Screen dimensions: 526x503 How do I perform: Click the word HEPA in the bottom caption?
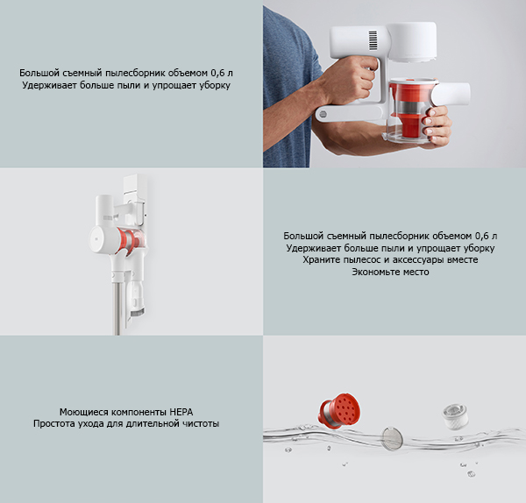tap(181, 412)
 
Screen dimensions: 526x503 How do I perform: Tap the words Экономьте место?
tap(390, 272)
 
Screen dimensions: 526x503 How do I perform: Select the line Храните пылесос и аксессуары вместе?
tap(390, 260)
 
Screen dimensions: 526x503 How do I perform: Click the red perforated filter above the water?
tap(339, 411)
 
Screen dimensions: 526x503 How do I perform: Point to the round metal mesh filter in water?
tap(392, 438)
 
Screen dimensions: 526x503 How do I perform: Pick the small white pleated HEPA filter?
tap(454, 416)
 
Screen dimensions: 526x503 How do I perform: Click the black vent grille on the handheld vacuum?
tap(373, 40)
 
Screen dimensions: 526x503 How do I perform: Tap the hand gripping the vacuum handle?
tap(349, 80)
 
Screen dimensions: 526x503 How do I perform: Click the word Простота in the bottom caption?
tap(54, 424)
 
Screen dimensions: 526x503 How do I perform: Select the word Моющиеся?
tap(84, 412)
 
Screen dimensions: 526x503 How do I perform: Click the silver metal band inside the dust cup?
tap(411, 108)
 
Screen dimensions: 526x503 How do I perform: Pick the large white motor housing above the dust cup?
tap(412, 42)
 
